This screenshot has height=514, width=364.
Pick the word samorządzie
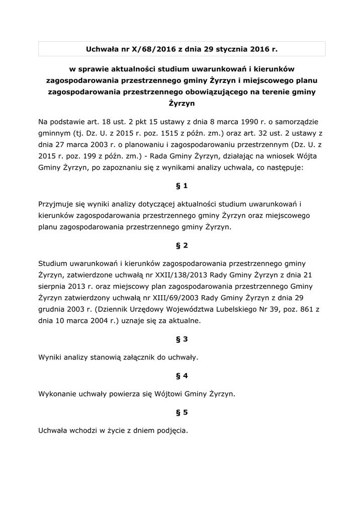coord(295,121)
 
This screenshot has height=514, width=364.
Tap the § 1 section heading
coord(182,186)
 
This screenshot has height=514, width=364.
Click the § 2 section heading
coord(182,245)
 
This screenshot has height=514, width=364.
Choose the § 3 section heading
coord(182,339)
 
